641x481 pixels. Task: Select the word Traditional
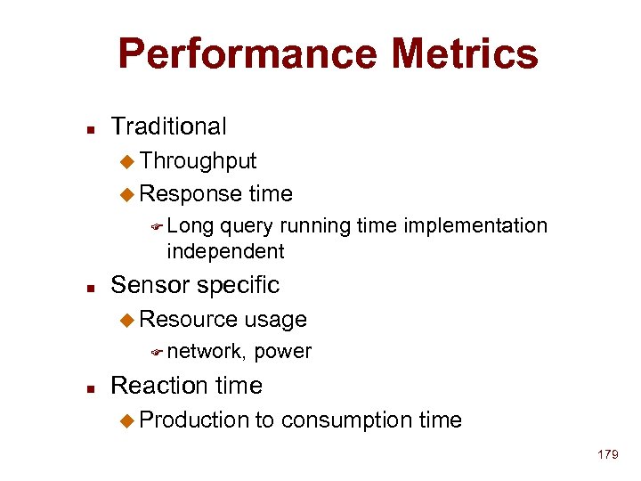(168, 127)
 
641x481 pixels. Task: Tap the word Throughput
(198, 161)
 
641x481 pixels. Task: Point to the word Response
(191, 193)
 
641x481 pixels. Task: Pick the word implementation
(475, 226)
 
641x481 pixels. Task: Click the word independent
(225, 252)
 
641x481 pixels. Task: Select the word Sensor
(148, 285)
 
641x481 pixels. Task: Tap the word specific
(237, 285)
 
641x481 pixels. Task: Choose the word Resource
(189, 319)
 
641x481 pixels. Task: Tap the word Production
(195, 420)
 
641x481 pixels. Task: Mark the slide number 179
(608, 455)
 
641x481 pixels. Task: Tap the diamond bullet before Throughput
(126, 162)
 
